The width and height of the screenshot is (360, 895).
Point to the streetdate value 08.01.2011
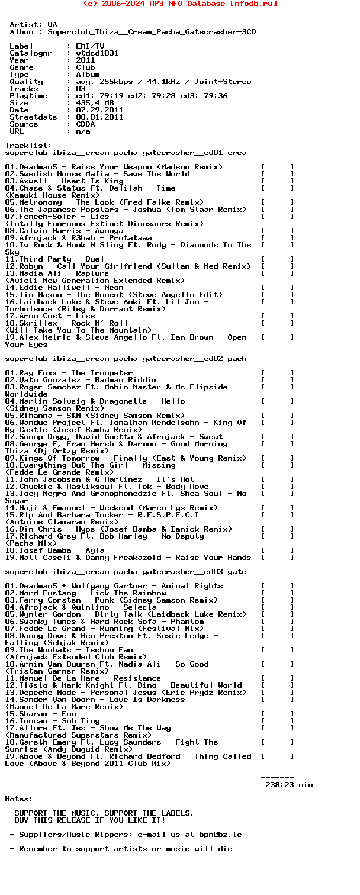99,117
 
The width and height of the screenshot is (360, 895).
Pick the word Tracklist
26,146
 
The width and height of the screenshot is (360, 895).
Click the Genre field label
21,67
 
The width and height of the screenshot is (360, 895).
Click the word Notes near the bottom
19,799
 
